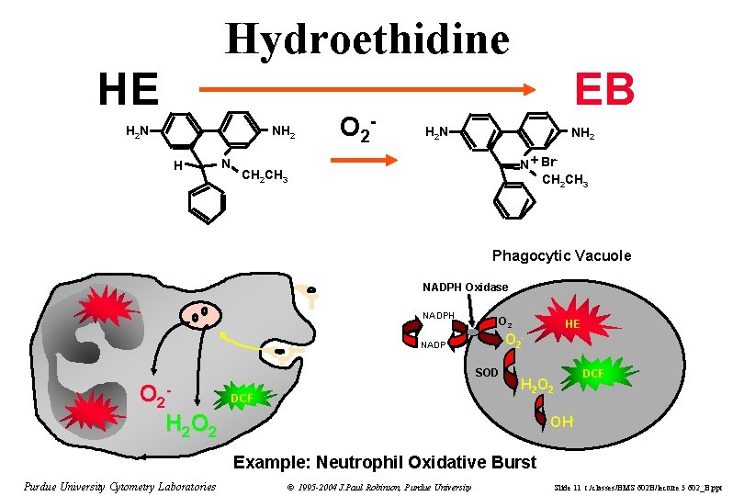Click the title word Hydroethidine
pos(367,39)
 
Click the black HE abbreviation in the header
pos(129,89)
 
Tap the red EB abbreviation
pos(604,89)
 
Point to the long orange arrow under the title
pos(367,90)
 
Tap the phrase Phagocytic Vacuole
pos(561,255)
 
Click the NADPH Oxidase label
pos(465,287)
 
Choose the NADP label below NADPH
pos(434,346)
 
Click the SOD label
pos(486,373)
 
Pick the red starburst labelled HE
pos(571,324)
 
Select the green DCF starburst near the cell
pos(242,398)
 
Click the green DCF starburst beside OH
pos(592,374)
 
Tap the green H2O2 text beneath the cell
pos(191,425)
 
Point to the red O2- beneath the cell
pos(156,395)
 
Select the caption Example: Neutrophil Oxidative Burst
pos(385,461)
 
